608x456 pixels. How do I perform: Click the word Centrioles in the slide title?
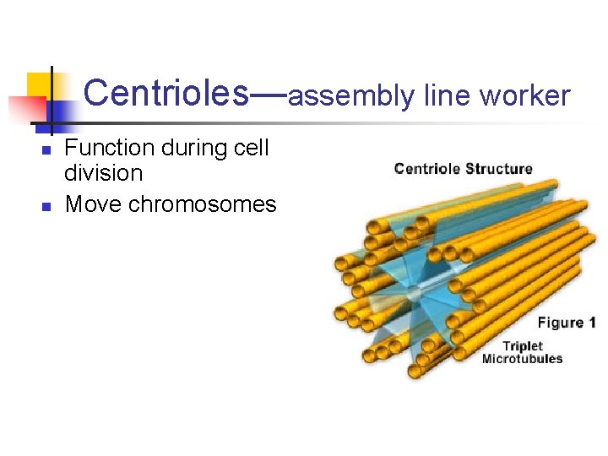coord(166,94)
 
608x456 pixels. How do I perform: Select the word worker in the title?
coord(525,95)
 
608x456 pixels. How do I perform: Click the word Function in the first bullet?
coord(110,148)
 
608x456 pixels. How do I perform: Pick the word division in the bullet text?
coord(104,174)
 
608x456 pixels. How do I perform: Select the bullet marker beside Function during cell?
coord(47,150)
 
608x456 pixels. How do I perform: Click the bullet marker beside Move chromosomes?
coord(47,206)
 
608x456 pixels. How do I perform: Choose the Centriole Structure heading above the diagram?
coord(463,168)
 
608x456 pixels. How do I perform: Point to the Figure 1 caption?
coord(567,323)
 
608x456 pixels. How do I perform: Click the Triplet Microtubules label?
coord(522,352)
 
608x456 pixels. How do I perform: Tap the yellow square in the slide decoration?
coord(41,85)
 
